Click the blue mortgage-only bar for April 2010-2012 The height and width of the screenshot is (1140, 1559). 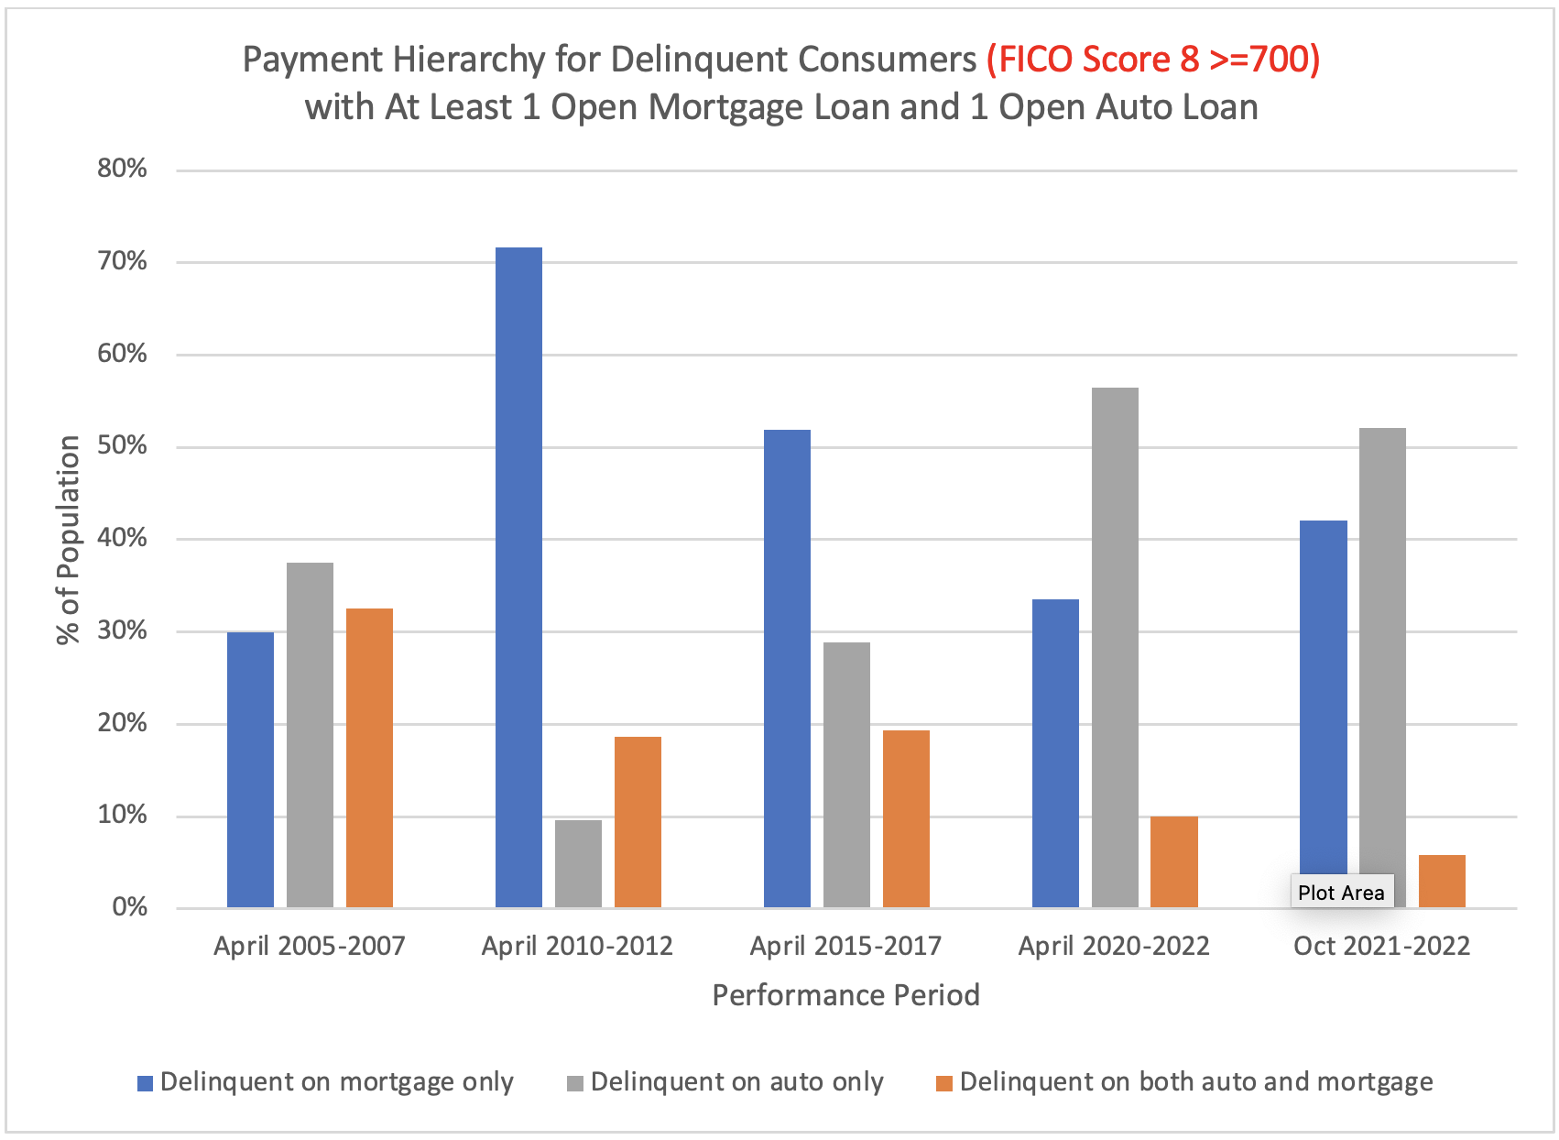tap(518, 577)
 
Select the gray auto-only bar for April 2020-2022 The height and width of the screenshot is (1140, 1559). tap(1115, 647)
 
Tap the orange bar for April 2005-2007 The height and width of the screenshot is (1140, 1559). tap(369, 758)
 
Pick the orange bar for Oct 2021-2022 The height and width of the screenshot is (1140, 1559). tap(1442, 881)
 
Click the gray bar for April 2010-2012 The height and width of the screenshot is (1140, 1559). tap(578, 863)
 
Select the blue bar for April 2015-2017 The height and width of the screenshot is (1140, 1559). tap(787, 669)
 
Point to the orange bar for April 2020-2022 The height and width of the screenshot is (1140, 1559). tap(1173, 861)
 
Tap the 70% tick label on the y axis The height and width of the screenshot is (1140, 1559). tap(123, 262)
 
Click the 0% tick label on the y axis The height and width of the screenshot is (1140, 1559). tap(129, 907)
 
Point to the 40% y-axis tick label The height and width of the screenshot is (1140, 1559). tap(123, 538)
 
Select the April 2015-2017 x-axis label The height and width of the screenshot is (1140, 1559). tap(845, 946)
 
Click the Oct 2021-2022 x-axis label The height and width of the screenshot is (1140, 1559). tap(1381, 946)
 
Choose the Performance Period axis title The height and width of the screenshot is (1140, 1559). tap(845, 995)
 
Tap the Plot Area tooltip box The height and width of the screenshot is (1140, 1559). tap(1341, 892)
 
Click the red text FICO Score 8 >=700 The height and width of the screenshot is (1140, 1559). tap(1153, 60)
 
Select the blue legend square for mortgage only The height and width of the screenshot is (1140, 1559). tap(145, 1083)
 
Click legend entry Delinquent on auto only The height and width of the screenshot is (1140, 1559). tap(736, 1082)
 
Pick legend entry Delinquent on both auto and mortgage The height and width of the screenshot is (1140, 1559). tap(1195, 1082)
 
